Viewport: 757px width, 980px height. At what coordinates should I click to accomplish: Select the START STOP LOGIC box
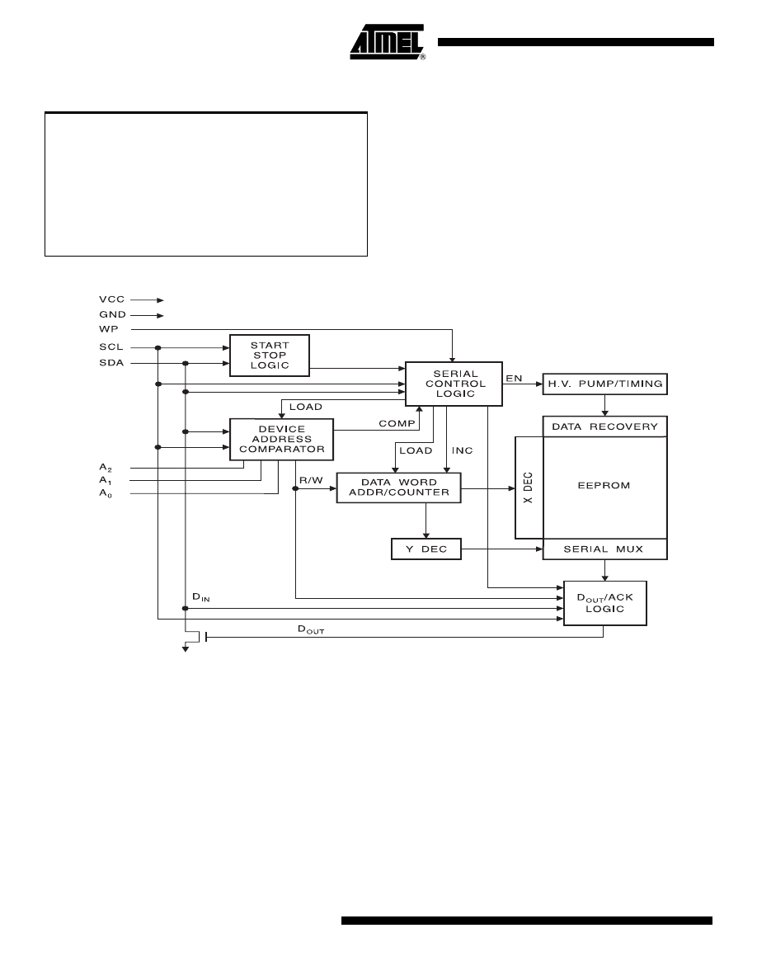pos(269,355)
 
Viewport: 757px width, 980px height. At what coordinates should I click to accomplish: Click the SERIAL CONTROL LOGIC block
pos(454,384)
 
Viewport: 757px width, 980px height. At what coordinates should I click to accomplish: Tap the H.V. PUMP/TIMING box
pos(604,384)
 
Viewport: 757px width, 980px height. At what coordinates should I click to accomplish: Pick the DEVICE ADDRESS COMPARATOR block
pos(281,440)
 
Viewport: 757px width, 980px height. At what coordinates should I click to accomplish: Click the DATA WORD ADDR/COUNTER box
pos(398,487)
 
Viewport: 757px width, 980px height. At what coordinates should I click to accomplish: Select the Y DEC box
pos(426,549)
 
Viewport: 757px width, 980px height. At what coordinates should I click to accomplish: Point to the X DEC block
pos(529,488)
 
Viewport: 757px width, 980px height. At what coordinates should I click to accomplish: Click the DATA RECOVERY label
pos(604,426)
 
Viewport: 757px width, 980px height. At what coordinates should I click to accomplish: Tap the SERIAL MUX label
pos(604,549)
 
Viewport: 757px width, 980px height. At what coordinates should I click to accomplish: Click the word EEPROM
pos(604,486)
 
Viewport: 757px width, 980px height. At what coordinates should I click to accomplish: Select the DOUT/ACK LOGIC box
pos(604,602)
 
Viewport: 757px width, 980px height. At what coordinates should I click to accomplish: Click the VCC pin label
pos(110,300)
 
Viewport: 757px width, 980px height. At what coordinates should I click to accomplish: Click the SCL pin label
pos(110,347)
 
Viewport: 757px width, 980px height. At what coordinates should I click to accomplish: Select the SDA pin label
pos(110,363)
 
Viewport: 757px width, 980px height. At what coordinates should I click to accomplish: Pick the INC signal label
pos(462,451)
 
